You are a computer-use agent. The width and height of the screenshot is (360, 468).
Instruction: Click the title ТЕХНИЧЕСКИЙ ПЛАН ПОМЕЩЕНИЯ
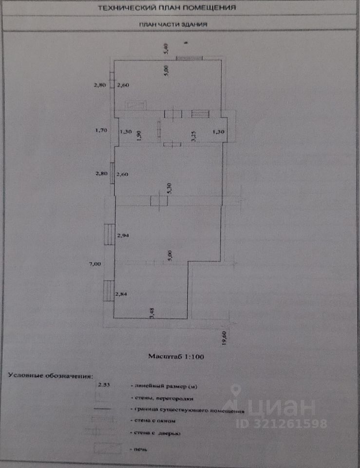(x=167, y=8)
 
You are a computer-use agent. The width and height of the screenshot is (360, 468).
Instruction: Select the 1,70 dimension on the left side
(x=100, y=131)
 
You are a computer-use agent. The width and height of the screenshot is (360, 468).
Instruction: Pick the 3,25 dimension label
(x=193, y=136)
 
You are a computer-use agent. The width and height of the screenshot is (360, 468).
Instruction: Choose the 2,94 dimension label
(x=123, y=235)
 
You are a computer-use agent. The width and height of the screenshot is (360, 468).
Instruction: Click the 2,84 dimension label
(x=121, y=294)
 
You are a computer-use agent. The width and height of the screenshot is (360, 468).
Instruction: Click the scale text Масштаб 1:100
(x=176, y=356)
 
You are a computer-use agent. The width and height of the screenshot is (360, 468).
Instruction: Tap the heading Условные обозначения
(x=50, y=376)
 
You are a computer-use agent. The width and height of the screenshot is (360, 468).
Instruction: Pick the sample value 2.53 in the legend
(x=104, y=386)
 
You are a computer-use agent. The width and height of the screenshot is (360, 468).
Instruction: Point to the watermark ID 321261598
(x=282, y=424)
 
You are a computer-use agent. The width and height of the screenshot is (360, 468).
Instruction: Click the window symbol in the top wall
(x=189, y=58)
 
